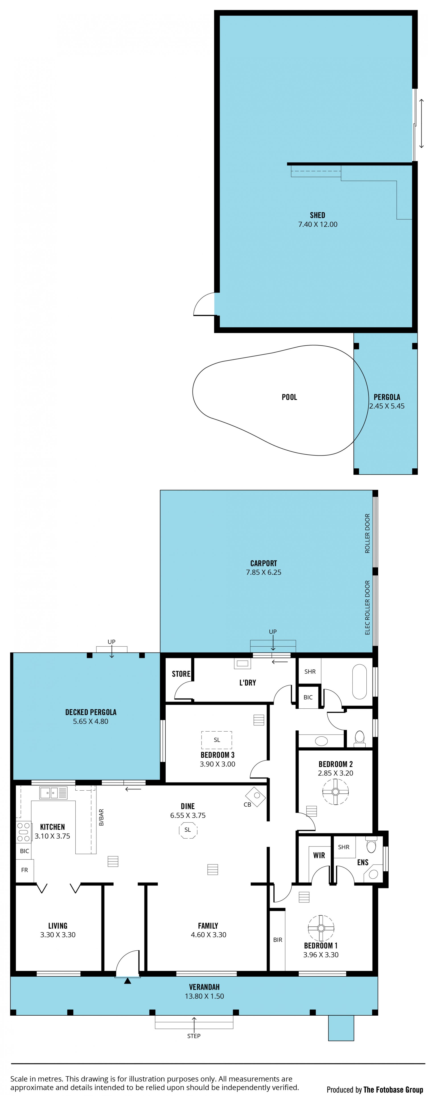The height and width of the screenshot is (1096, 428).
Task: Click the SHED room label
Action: (317, 215)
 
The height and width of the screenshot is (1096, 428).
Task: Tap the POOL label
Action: (289, 397)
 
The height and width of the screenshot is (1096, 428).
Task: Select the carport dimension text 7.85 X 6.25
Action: (264, 572)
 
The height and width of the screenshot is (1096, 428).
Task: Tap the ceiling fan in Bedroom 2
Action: (335, 792)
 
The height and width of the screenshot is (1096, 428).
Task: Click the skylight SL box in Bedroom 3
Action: (217, 740)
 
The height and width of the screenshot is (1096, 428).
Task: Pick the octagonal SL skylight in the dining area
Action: (188, 830)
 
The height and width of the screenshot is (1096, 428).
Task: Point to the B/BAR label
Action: (101, 817)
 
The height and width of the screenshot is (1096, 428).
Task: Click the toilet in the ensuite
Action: (371, 845)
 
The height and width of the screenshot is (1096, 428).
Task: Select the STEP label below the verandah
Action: (194, 1036)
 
